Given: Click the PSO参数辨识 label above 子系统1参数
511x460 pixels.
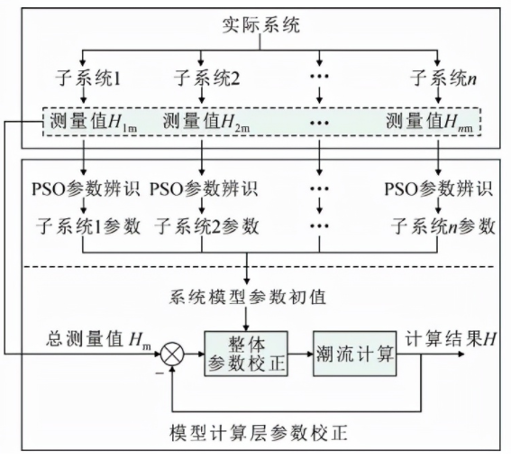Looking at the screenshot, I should point(85,189).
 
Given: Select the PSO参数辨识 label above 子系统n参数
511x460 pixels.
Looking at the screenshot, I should point(438,189).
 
